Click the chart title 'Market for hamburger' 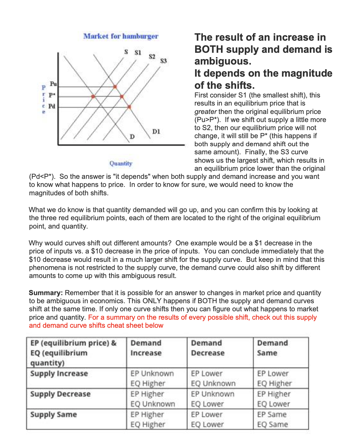[121, 36]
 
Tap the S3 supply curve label [163, 61]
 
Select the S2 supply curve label [152, 56]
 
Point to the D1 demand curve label [156, 131]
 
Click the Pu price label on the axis [53, 84]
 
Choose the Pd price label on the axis [52, 106]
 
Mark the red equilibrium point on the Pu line [115, 87]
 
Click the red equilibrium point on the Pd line [129, 107]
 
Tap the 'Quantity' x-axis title [121, 163]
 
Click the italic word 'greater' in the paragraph [205, 112]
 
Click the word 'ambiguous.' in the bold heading [223, 61]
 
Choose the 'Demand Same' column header [272, 348]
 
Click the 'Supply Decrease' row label [60, 394]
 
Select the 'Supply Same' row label [53, 414]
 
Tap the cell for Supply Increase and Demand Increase [152, 379]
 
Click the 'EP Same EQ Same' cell [272, 419]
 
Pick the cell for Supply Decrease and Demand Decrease [213, 399]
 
